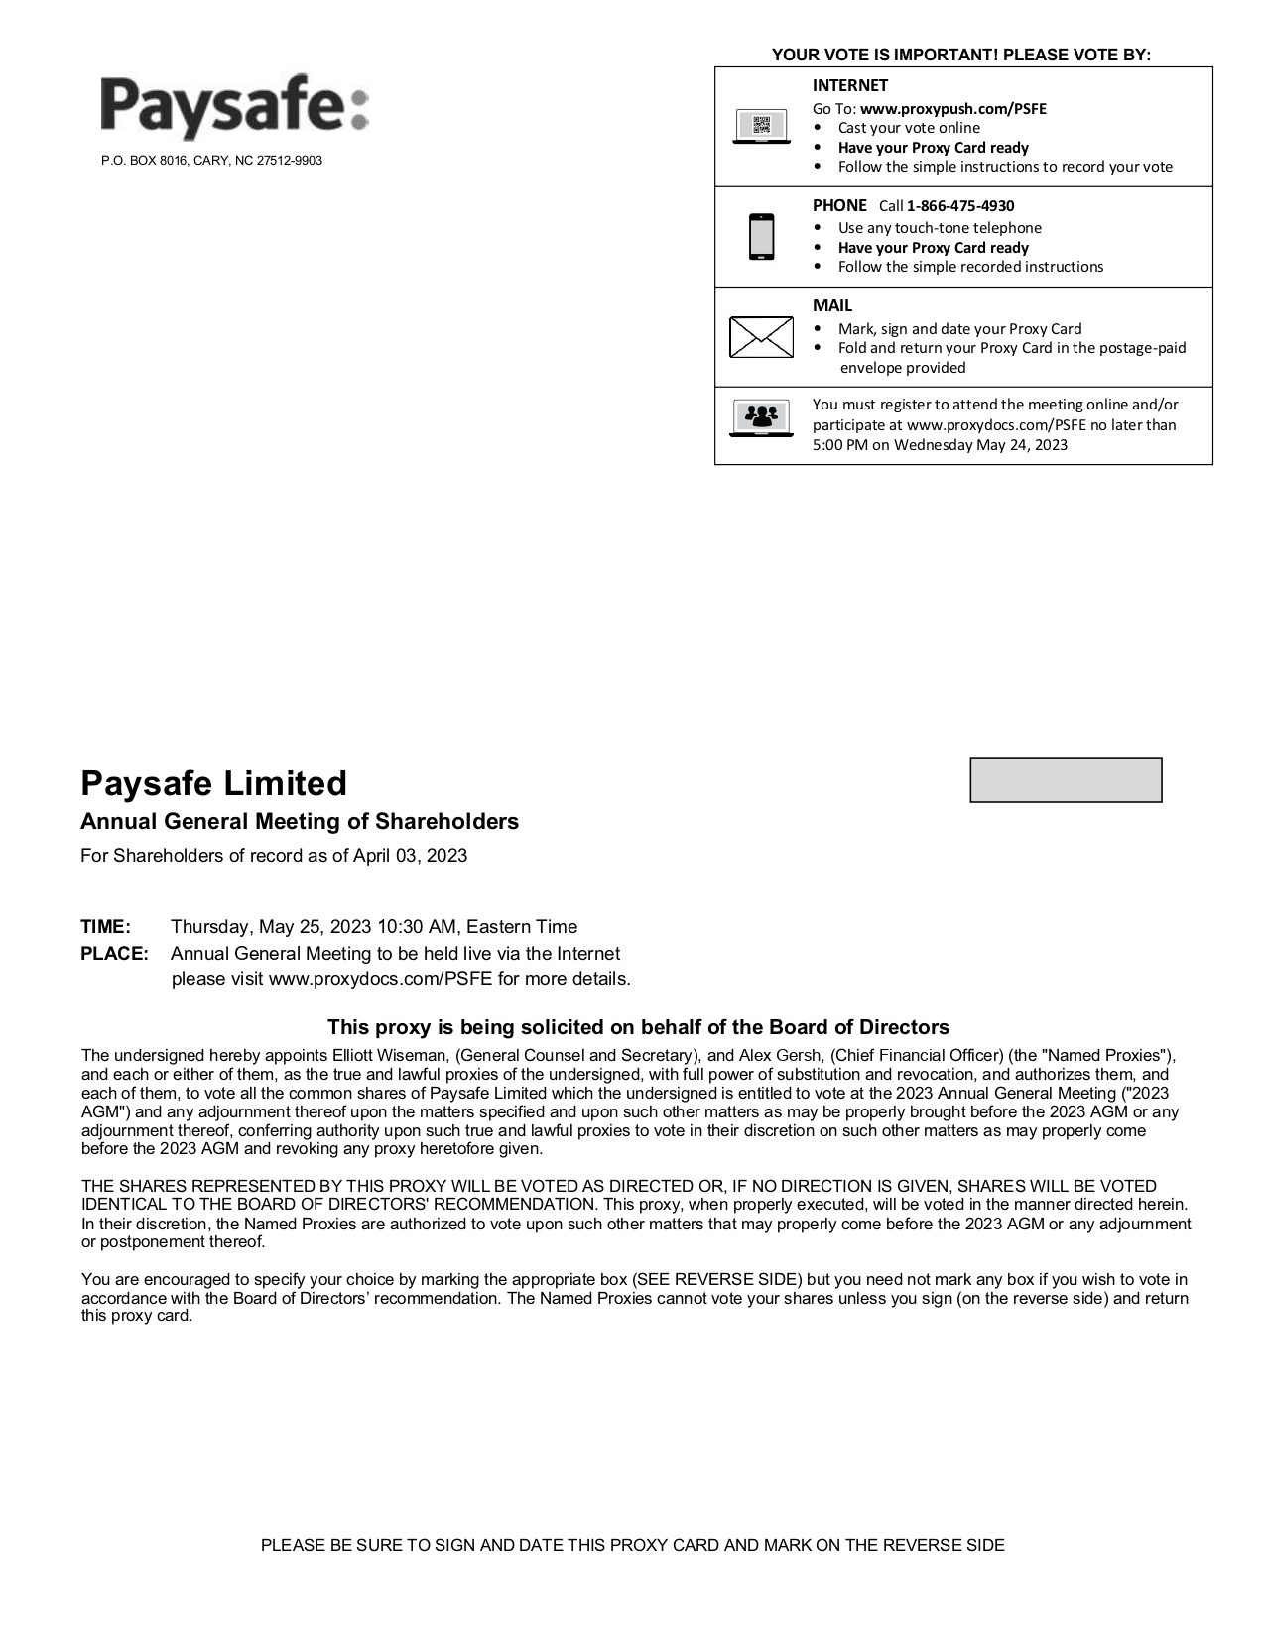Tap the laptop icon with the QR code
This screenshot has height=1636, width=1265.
click(761, 127)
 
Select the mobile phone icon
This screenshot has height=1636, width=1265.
click(761, 236)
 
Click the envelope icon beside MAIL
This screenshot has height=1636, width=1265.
click(761, 337)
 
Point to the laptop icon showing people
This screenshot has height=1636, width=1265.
click(761, 418)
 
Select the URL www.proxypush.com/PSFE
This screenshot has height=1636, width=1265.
click(952, 109)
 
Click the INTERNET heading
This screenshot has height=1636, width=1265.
click(849, 86)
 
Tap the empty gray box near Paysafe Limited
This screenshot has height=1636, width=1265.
click(1065, 779)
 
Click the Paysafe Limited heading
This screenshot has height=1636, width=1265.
click(213, 783)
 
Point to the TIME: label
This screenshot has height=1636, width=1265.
click(105, 927)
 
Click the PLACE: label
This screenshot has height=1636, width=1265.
click(114, 954)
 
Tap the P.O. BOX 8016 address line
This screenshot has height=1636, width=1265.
click(211, 161)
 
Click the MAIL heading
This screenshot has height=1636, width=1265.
click(832, 306)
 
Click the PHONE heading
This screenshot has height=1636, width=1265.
click(839, 206)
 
